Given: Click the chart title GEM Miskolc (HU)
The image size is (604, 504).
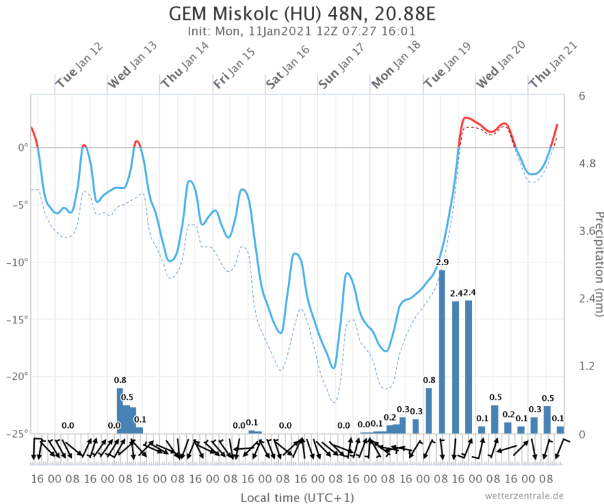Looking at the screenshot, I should (302, 14).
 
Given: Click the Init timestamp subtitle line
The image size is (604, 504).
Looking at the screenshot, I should (302, 31).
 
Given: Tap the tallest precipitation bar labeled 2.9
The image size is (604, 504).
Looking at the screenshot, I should (442, 352).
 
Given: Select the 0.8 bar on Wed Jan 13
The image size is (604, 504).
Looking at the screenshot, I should (120, 410).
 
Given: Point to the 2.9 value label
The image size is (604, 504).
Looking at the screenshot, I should (442, 262).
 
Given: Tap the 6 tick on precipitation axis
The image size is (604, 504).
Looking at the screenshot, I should (582, 96).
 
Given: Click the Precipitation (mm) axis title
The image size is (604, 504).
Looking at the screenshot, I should (597, 262).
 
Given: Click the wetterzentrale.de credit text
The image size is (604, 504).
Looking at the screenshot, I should (524, 495).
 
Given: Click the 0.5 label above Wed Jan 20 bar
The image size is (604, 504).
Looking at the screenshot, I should (495, 397).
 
